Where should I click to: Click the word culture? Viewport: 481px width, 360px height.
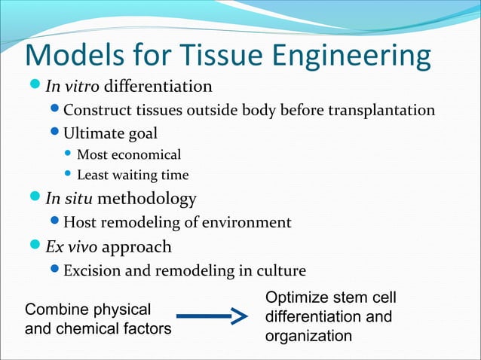click(x=280, y=270)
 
